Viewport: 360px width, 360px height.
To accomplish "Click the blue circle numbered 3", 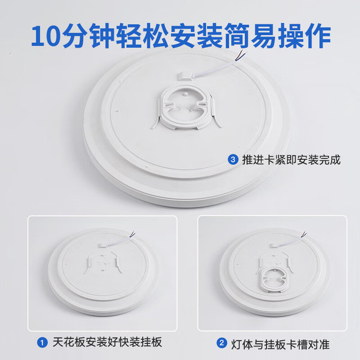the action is coord(233,160).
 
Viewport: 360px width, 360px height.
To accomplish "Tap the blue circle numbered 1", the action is coord(42,343).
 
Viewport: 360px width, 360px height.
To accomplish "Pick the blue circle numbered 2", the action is coord(222,343).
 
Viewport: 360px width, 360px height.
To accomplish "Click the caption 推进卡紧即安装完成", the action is coord(291,160).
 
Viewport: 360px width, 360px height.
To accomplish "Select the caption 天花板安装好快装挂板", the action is coord(107,343).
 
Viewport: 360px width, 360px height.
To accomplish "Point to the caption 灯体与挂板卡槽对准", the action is coord(280,344).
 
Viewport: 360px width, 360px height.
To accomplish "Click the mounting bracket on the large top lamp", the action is coord(186,108).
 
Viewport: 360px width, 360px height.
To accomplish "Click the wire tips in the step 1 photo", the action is coord(133,235).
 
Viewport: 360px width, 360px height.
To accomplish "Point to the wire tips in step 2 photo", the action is coord(304,235).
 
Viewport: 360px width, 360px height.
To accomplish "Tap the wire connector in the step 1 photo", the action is coord(103,246).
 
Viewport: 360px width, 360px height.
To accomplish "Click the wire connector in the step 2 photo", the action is coord(274,245).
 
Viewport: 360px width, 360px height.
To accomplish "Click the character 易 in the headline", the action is coord(264,35).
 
